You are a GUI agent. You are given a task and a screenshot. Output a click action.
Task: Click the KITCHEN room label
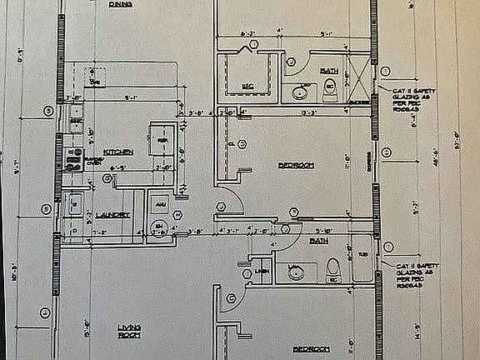(x=118, y=152)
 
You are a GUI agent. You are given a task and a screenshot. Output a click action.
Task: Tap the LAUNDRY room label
(x=113, y=215)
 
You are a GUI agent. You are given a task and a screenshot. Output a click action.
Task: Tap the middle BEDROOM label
(x=296, y=165)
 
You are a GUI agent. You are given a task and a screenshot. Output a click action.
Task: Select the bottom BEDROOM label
(x=311, y=347)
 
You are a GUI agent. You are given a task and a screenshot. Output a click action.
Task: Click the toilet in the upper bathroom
(x=330, y=88)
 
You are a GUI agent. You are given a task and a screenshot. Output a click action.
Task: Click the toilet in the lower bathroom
(x=332, y=269)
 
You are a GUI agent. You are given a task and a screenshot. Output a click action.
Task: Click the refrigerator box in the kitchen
(x=161, y=141)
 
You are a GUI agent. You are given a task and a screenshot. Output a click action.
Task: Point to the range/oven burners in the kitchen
(x=71, y=155)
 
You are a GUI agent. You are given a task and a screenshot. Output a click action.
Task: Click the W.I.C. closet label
(x=247, y=86)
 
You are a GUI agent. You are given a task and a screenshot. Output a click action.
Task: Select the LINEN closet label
(x=262, y=271)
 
